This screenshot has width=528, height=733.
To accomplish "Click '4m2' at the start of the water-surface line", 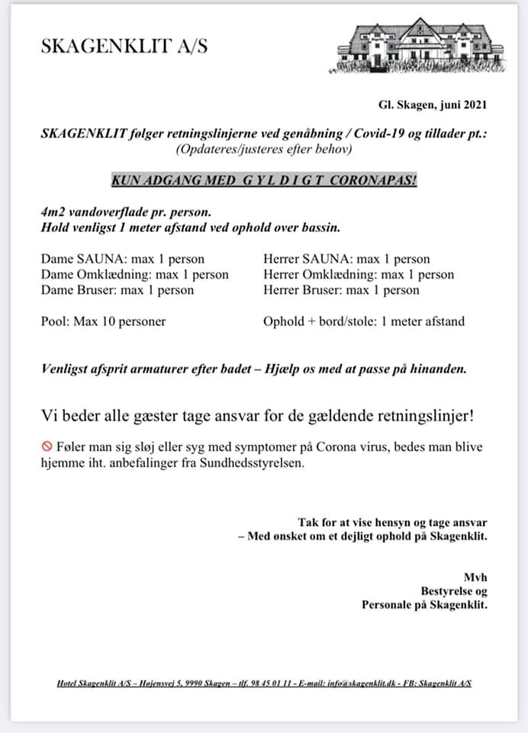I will coord(53,213).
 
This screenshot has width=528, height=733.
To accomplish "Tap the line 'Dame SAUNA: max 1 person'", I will coord(122,259).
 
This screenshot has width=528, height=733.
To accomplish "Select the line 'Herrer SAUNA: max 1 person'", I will coord(346,259).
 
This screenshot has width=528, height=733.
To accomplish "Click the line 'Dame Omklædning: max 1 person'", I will coord(134,275).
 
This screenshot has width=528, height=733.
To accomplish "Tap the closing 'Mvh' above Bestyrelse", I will coord(475,576).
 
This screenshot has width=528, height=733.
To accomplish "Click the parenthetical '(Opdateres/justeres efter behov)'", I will coord(264,150).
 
